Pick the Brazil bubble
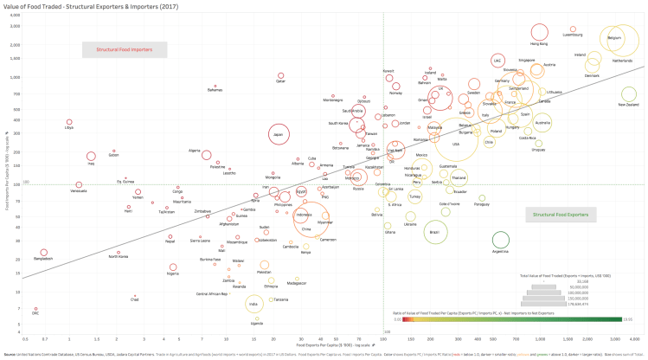click(435, 231)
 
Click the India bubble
click(254, 304)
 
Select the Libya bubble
click(69, 122)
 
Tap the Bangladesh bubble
click(43, 253)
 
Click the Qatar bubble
click(280, 75)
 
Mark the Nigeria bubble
click(173, 266)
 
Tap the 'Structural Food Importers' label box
click(125, 49)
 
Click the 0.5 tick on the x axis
click(25, 338)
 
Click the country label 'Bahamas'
click(215, 90)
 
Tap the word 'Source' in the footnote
click(10, 355)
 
